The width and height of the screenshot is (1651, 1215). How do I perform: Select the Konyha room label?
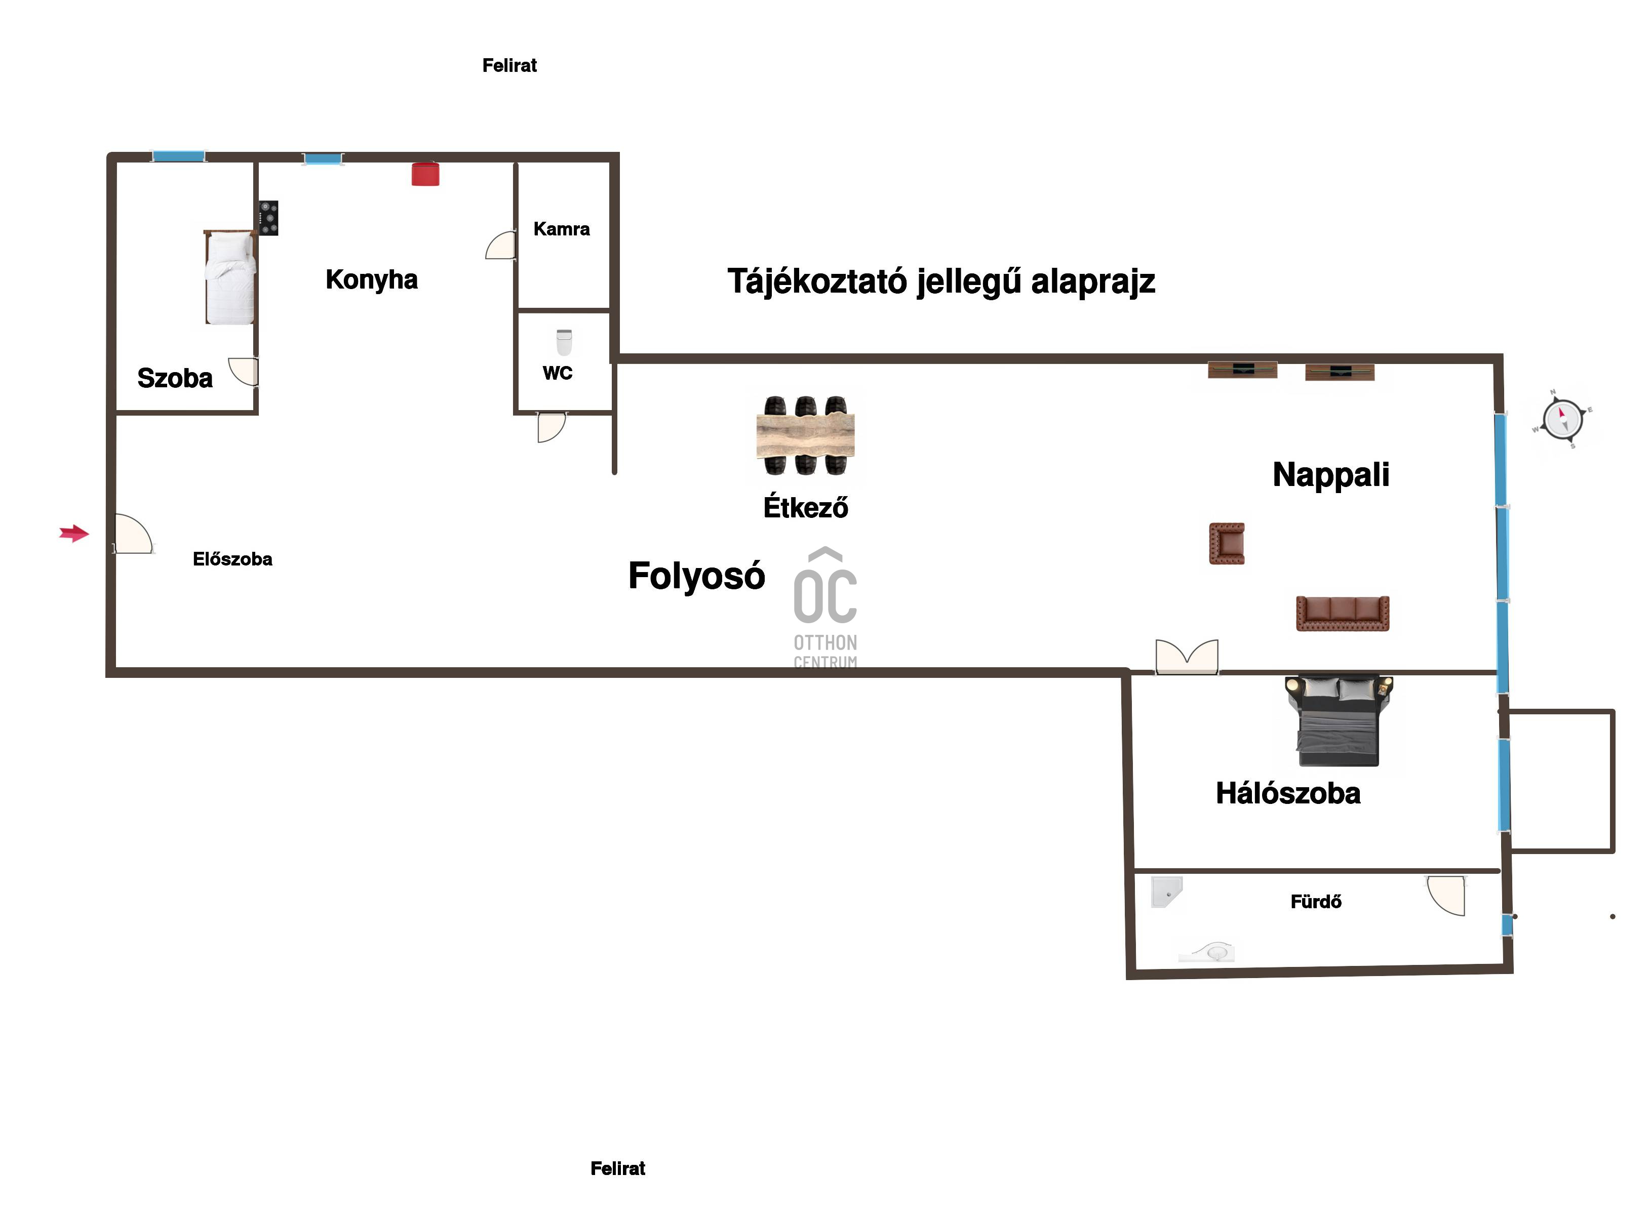pos(372,279)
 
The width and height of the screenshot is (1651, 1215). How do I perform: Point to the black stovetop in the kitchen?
pos(268,218)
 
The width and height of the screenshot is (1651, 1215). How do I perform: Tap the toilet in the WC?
pos(564,342)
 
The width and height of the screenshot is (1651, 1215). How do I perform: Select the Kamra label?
pos(561,229)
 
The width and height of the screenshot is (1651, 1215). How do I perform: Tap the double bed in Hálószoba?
pos(1339,721)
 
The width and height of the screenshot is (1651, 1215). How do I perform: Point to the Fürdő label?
pos(1316,902)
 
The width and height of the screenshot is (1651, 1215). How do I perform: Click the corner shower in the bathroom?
pos(1166,892)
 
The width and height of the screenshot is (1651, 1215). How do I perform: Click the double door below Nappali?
pos(1187,656)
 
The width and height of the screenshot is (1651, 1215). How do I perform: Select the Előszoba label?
pos(232,559)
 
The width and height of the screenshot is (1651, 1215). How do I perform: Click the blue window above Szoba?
pos(178,156)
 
